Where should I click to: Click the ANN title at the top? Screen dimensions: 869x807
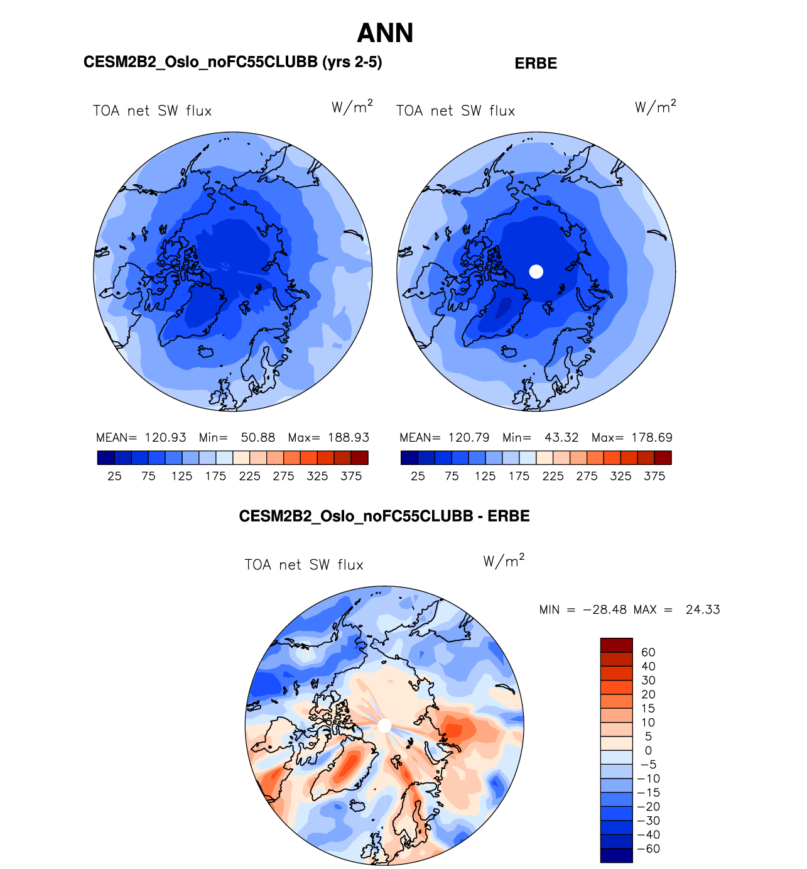pyautogui.click(x=385, y=33)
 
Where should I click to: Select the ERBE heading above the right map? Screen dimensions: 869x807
pyautogui.click(x=536, y=63)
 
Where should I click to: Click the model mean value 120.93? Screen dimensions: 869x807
pyautogui.click(x=166, y=437)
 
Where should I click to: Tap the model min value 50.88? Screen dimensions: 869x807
pyautogui.click(x=258, y=437)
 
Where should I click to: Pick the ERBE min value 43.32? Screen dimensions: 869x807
pyautogui.click(x=561, y=437)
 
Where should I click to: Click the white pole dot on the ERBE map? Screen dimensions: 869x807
pyautogui.click(x=536, y=271)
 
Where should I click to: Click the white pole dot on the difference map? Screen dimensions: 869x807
pyautogui.click(x=384, y=726)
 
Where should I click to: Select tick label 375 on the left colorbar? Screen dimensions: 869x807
pyautogui.click(x=351, y=476)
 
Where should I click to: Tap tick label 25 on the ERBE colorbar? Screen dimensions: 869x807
pyautogui.click(x=418, y=476)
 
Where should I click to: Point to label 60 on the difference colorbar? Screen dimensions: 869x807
pyautogui.click(x=648, y=652)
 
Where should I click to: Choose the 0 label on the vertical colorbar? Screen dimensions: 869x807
pyautogui.click(x=648, y=750)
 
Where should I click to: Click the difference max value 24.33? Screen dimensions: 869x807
pyautogui.click(x=703, y=609)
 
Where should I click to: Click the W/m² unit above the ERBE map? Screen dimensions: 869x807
pyautogui.click(x=655, y=107)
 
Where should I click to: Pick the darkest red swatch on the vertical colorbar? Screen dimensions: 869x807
pyautogui.click(x=616, y=645)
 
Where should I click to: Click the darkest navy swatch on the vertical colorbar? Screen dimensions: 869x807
pyautogui.click(x=616, y=855)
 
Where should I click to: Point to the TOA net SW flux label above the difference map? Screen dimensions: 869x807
pyautogui.click(x=304, y=565)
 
